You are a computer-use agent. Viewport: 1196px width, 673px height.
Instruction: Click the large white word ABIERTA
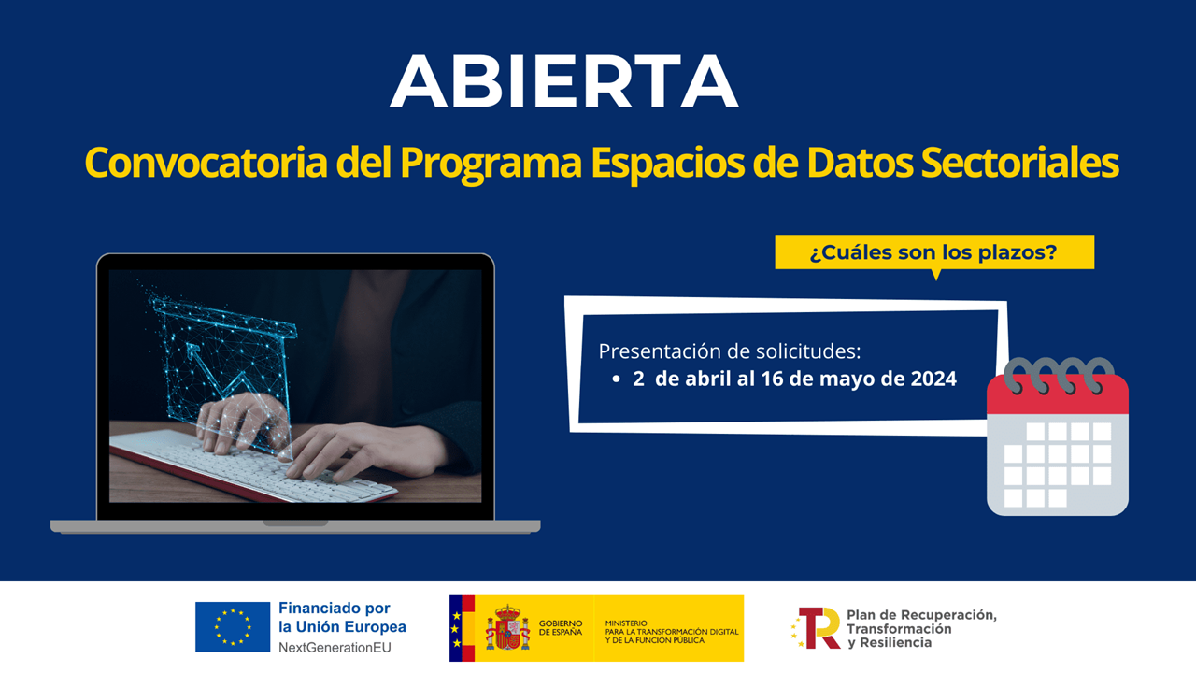click(x=563, y=82)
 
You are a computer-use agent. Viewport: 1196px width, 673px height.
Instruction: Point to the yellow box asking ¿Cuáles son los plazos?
click(x=933, y=252)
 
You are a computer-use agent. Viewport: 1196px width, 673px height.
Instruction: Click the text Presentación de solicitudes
click(x=729, y=351)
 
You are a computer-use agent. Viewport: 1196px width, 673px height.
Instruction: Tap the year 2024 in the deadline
click(x=933, y=379)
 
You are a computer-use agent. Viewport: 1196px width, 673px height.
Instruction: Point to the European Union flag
click(x=233, y=626)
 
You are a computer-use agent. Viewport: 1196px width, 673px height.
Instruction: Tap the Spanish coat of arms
click(x=507, y=628)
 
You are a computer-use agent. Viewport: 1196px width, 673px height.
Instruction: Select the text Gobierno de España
click(x=561, y=627)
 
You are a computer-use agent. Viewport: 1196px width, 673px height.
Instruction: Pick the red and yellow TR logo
click(x=819, y=627)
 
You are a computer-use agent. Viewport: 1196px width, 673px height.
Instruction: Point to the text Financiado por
click(x=334, y=609)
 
